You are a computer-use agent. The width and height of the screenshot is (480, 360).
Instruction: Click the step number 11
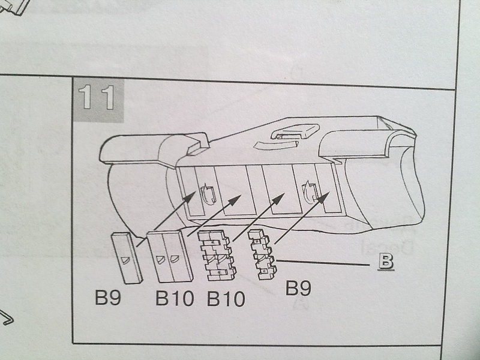[97, 98]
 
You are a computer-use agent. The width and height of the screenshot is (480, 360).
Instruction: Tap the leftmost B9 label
[109, 298]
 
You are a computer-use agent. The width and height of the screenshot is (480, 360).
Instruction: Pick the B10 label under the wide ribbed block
[226, 298]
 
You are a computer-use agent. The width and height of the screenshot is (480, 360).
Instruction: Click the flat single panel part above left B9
[126, 258]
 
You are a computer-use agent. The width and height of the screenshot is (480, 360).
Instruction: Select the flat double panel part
[170, 257]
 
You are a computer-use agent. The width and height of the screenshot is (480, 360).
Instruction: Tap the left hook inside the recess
[206, 194]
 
